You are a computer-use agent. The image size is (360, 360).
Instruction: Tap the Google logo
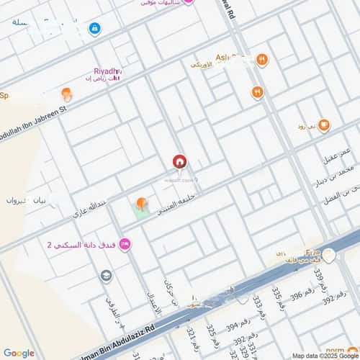click(19, 353)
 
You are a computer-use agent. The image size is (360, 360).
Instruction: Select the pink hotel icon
click(125, 245)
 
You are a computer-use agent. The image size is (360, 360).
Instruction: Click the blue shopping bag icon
click(95, 28)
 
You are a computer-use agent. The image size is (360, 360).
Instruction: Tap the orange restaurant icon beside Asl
click(262, 60)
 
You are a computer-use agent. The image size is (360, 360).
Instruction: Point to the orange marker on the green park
click(141, 204)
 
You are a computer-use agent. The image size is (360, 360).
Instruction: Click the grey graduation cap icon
click(107, 276)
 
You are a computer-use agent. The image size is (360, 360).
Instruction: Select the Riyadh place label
click(108, 70)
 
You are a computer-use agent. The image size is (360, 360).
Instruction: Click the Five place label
click(312, 253)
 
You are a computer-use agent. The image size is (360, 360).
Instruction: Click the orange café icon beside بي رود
click(323, 125)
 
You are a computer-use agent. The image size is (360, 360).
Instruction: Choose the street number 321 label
click(191, 338)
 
